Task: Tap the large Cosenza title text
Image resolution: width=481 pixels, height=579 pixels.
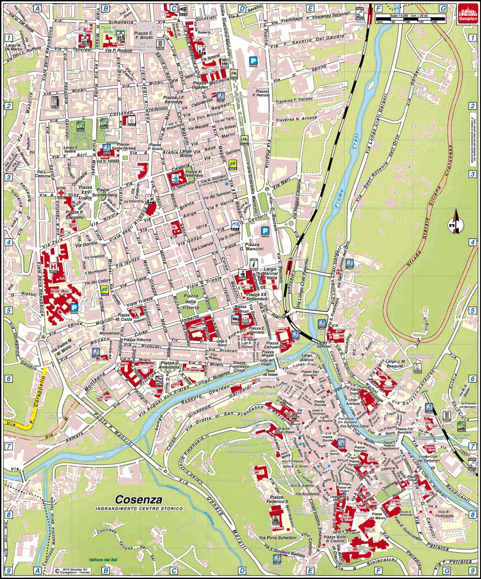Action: click(138, 500)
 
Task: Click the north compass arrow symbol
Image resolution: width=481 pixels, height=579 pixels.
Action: click(456, 223)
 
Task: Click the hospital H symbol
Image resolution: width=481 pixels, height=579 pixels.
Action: click(54, 267)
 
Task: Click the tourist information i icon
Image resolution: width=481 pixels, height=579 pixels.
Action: click(253, 264)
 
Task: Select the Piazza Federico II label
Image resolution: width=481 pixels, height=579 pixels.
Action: click(277, 500)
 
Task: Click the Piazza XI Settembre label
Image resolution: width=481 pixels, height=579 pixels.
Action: click(193, 174)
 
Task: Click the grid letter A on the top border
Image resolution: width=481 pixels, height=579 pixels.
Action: click(37, 8)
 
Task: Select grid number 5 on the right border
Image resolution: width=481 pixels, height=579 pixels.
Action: click(472, 310)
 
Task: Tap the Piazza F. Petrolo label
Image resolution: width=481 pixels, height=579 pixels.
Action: click(261, 93)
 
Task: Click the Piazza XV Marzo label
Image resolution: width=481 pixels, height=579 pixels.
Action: click(377, 516)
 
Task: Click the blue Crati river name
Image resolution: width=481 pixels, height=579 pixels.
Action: click(355, 143)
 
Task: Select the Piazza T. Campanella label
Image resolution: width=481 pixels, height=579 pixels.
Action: click(276, 345)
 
